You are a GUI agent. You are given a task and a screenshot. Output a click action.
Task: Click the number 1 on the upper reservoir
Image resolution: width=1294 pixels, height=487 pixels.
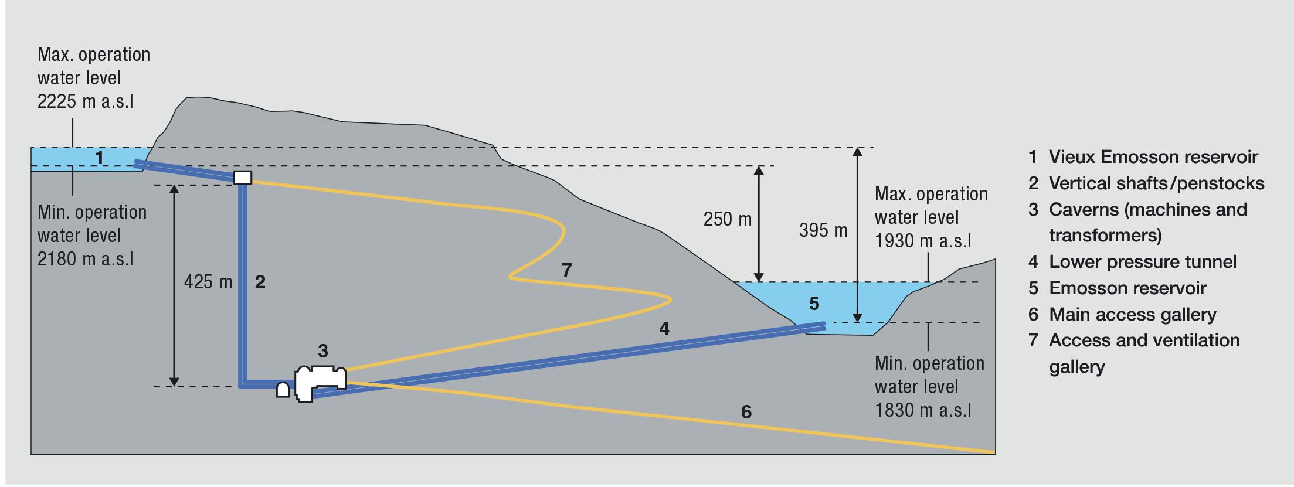[x=100, y=157]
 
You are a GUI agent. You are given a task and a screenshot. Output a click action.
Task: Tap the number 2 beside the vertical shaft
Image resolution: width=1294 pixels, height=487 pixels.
[x=260, y=282]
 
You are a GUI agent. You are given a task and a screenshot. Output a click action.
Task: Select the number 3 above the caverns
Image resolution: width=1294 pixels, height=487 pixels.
[x=322, y=351]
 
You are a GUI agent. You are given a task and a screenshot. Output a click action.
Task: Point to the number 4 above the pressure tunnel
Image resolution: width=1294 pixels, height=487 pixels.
[x=664, y=329]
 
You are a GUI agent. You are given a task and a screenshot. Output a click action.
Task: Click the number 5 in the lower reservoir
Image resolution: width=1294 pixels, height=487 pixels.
[x=814, y=303]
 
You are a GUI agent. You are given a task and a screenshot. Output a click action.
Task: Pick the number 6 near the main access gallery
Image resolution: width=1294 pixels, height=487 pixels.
[x=746, y=412]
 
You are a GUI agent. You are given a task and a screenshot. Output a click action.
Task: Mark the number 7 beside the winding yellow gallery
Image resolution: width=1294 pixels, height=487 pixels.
[x=566, y=270]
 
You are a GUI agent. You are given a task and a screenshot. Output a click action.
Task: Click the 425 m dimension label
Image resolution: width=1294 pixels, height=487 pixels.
[x=208, y=282]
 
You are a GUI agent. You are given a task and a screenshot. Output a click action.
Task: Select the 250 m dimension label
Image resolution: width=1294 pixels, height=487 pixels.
[x=727, y=219]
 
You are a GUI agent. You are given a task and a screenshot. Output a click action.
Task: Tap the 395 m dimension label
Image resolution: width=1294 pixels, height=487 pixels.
[x=823, y=230]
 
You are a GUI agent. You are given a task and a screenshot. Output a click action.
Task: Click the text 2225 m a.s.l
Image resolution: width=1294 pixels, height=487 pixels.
[x=86, y=101]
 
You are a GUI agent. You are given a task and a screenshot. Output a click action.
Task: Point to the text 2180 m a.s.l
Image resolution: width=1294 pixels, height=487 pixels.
[x=86, y=258]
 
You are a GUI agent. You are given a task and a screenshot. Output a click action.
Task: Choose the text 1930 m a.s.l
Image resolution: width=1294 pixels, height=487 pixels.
[x=923, y=240]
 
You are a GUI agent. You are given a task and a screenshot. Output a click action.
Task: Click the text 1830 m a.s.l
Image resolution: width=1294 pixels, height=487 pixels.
[x=923, y=410]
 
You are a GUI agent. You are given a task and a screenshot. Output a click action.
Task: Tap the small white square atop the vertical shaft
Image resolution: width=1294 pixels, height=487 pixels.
[x=243, y=177]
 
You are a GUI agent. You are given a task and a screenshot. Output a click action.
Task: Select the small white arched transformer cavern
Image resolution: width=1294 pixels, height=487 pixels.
[x=283, y=390]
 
